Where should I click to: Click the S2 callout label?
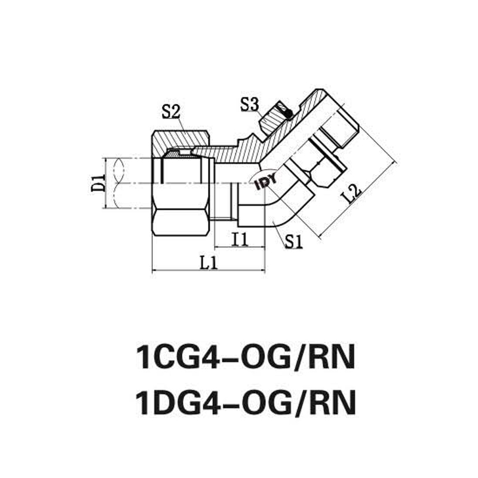(171, 112)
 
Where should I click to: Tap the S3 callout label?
(249, 105)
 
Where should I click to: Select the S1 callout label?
(294, 242)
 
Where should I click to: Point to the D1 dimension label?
(98, 183)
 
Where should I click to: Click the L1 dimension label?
(209, 263)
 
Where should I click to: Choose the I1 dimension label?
(240, 240)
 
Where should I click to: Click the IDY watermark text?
(266, 181)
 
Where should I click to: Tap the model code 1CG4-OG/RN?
(246, 357)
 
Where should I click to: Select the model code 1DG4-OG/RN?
(246, 402)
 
